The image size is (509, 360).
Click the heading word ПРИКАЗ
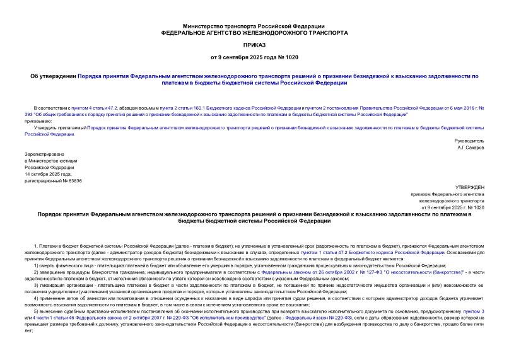click(254, 46)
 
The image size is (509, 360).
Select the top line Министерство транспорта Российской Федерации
click(254, 22)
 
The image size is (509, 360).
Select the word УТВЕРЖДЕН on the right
click(469, 187)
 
